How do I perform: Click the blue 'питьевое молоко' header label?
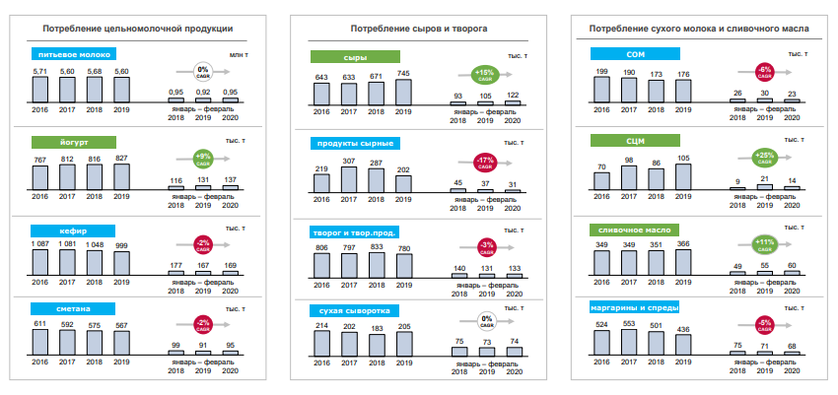(75, 55)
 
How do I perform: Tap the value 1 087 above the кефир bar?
(40, 242)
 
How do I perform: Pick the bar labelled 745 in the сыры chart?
(402, 92)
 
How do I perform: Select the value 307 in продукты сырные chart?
(348, 161)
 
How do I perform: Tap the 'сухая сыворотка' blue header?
(357, 311)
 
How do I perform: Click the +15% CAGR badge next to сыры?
(483, 74)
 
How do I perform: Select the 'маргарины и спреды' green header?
(632, 306)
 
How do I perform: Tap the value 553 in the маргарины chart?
(629, 324)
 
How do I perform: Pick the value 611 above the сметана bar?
(40, 323)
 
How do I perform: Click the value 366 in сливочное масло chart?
(682, 242)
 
